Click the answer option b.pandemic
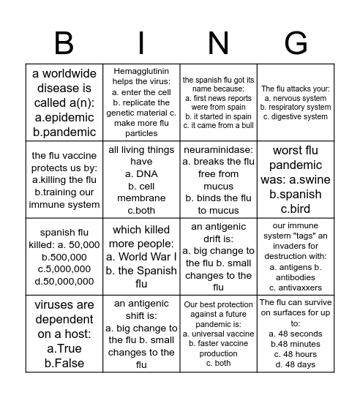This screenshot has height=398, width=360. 64,132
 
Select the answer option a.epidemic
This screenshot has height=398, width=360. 64,117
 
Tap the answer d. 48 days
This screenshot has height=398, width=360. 296,364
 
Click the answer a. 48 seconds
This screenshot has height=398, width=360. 296,334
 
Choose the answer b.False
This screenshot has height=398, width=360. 64,363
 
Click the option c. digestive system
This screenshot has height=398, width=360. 296,117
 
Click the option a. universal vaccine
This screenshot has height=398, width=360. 219,334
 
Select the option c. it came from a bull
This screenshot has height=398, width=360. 219,125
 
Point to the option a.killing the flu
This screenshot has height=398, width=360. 64,180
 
